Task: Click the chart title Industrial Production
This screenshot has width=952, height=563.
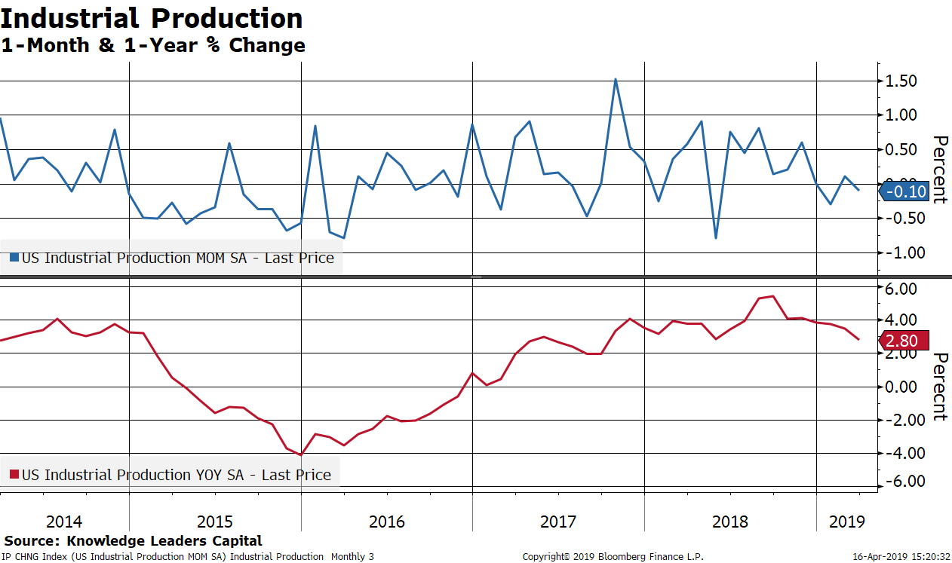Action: [152, 18]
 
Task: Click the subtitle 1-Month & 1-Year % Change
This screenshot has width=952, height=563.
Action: [153, 45]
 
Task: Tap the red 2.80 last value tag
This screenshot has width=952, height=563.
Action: [901, 341]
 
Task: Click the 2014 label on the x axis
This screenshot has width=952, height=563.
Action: [64, 521]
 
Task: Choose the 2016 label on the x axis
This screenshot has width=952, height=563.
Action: [387, 521]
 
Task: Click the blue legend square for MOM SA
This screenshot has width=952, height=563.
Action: [14, 258]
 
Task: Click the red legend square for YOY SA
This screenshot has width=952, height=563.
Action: [14, 475]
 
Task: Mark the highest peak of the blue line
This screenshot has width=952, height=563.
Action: [616, 79]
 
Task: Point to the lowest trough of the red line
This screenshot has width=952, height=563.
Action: [301, 454]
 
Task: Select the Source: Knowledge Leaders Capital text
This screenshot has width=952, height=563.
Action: [133, 540]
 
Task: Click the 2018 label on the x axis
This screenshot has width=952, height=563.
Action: [730, 521]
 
